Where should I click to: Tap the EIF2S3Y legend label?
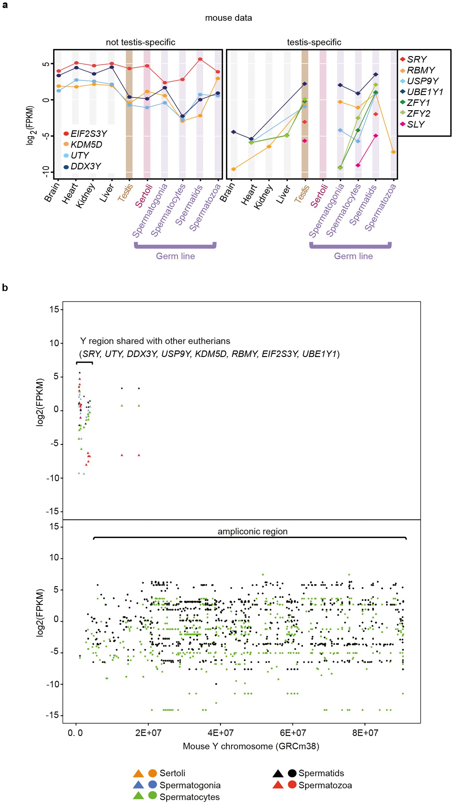click(x=88, y=134)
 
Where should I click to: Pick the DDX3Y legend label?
click(x=86, y=166)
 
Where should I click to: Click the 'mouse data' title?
click(x=228, y=18)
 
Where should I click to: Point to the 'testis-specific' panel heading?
click(x=314, y=42)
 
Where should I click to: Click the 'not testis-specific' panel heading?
click(x=140, y=42)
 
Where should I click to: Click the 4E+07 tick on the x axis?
click(x=221, y=732)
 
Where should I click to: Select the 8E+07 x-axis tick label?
click(x=365, y=732)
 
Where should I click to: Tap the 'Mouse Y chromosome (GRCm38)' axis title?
click(x=251, y=746)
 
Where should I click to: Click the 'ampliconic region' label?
click(x=252, y=531)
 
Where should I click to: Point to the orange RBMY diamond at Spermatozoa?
click(x=393, y=152)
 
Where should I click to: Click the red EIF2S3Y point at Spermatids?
click(x=200, y=59)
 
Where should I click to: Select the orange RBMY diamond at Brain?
click(x=233, y=169)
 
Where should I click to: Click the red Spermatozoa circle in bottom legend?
click(x=292, y=784)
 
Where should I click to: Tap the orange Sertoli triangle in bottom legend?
click(x=138, y=773)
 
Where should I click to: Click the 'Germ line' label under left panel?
click(x=175, y=256)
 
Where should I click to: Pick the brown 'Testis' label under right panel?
click(x=302, y=194)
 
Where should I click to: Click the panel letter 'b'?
click(x=5, y=288)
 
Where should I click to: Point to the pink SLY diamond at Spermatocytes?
click(x=358, y=165)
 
